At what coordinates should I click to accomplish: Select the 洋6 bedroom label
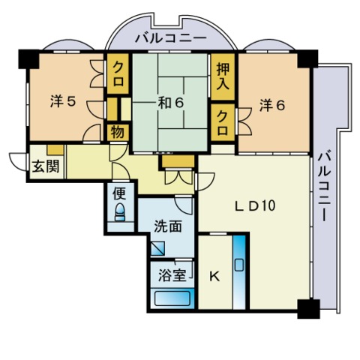pyautogui.click(x=272, y=106)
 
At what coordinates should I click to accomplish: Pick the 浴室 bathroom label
pyautogui.click(x=172, y=276)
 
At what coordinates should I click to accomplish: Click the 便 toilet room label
pyautogui.click(x=119, y=192)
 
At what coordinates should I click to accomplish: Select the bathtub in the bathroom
pyautogui.click(x=172, y=298)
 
